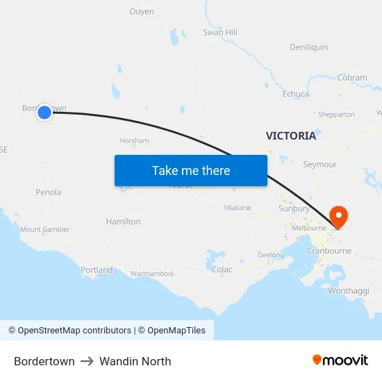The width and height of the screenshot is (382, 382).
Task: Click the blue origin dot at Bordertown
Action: (44, 112)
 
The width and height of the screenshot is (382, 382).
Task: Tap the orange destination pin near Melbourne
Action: (340, 216)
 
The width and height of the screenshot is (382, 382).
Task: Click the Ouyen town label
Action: (142, 12)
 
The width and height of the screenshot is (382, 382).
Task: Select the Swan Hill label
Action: (220, 33)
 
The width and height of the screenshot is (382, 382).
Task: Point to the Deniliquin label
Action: (308, 47)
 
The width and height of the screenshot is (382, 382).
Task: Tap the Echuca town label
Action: (296, 94)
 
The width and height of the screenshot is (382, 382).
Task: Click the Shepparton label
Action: (336, 115)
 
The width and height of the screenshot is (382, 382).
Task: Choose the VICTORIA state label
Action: (290, 136)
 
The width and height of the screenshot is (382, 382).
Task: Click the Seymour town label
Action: (319, 165)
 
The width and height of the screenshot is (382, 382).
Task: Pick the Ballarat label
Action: (239, 208)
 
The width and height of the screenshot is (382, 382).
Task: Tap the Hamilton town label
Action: (123, 222)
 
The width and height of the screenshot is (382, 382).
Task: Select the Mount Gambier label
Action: (45, 229)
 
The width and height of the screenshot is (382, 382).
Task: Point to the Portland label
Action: (97, 269)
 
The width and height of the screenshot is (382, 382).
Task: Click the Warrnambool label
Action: (152, 274)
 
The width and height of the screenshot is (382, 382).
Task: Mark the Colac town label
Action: (222, 269)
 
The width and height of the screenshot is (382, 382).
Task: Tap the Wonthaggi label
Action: (348, 290)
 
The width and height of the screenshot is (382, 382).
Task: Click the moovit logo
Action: (340, 360)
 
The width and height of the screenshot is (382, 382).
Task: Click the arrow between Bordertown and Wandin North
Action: (87, 361)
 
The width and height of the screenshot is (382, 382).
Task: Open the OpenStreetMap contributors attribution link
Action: (74, 331)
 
